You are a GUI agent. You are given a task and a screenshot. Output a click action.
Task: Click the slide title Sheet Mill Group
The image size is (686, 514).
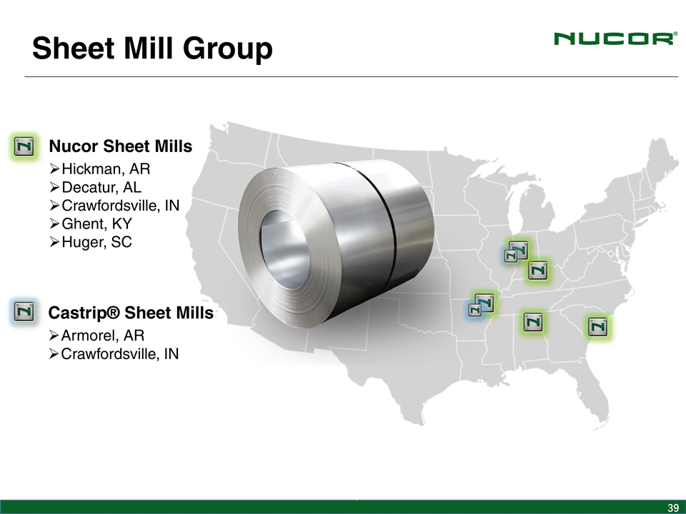point(152,49)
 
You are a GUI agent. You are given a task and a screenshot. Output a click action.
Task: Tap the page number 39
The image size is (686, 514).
point(673,508)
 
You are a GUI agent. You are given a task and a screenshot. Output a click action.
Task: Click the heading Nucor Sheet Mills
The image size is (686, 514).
point(120,146)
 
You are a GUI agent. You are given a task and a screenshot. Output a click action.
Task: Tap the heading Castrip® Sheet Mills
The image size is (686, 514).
point(131,313)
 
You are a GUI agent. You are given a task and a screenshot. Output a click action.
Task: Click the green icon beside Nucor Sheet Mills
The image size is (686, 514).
point(24,146)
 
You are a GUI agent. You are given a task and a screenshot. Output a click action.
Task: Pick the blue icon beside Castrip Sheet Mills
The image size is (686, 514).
point(24,311)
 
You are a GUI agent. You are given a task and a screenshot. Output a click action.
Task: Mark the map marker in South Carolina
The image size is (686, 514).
point(598,326)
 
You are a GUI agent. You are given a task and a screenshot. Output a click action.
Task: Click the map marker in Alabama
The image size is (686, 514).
point(533,322)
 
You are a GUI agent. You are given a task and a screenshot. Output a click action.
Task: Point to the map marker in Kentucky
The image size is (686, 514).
point(537,271)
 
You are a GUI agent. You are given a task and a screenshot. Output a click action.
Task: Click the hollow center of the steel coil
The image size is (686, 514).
point(285,250)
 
